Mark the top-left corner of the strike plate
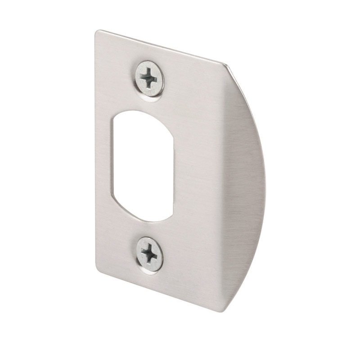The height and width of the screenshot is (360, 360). click(x=97, y=31)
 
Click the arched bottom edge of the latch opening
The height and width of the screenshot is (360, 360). click(x=143, y=220)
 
